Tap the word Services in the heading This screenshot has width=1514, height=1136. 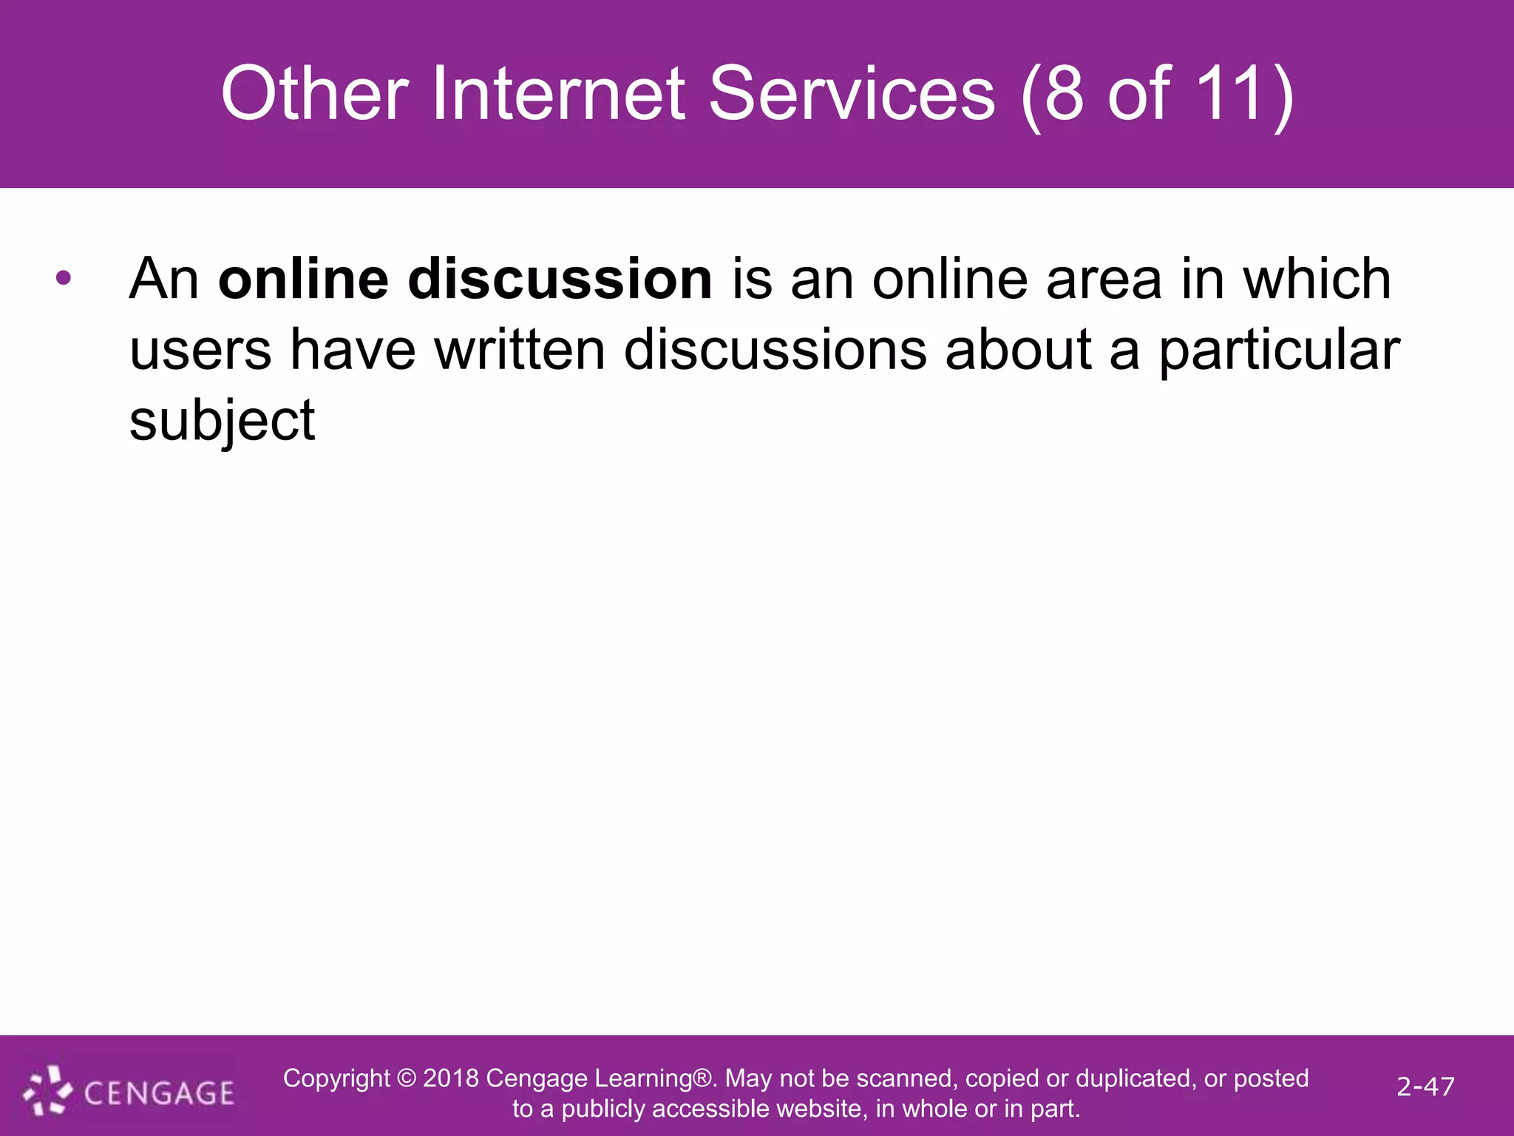(852, 94)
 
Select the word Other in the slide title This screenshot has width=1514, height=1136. (314, 94)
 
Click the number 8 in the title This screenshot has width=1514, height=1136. (1065, 94)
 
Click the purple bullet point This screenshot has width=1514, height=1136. (64, 279)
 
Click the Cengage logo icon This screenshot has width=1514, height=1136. (48, 1092)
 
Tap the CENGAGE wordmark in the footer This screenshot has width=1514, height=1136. (159, 1093)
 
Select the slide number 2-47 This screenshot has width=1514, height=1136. (1425, 1086)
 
